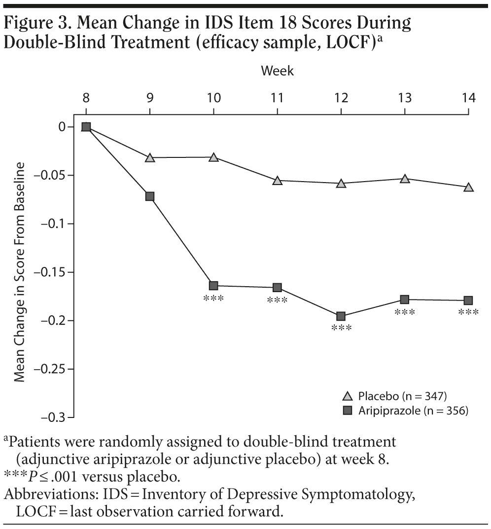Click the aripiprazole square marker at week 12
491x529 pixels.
coord(341,316)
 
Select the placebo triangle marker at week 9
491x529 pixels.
coord(150,158)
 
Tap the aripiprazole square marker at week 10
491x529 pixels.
coord(213,286)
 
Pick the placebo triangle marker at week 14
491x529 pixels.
coord(468,188)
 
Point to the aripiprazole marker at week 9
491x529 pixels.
coord(150,196)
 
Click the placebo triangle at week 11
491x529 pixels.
coord(278,181)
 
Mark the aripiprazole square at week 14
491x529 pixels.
coord(468,300)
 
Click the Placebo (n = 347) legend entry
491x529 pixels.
coord(394,396)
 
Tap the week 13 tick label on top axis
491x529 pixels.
coord(405,97)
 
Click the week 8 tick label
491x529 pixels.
coord(86,97)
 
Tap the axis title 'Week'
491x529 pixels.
coord(277,71)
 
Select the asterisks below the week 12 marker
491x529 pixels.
coord(341,328)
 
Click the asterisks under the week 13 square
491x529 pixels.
coord(405,312)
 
